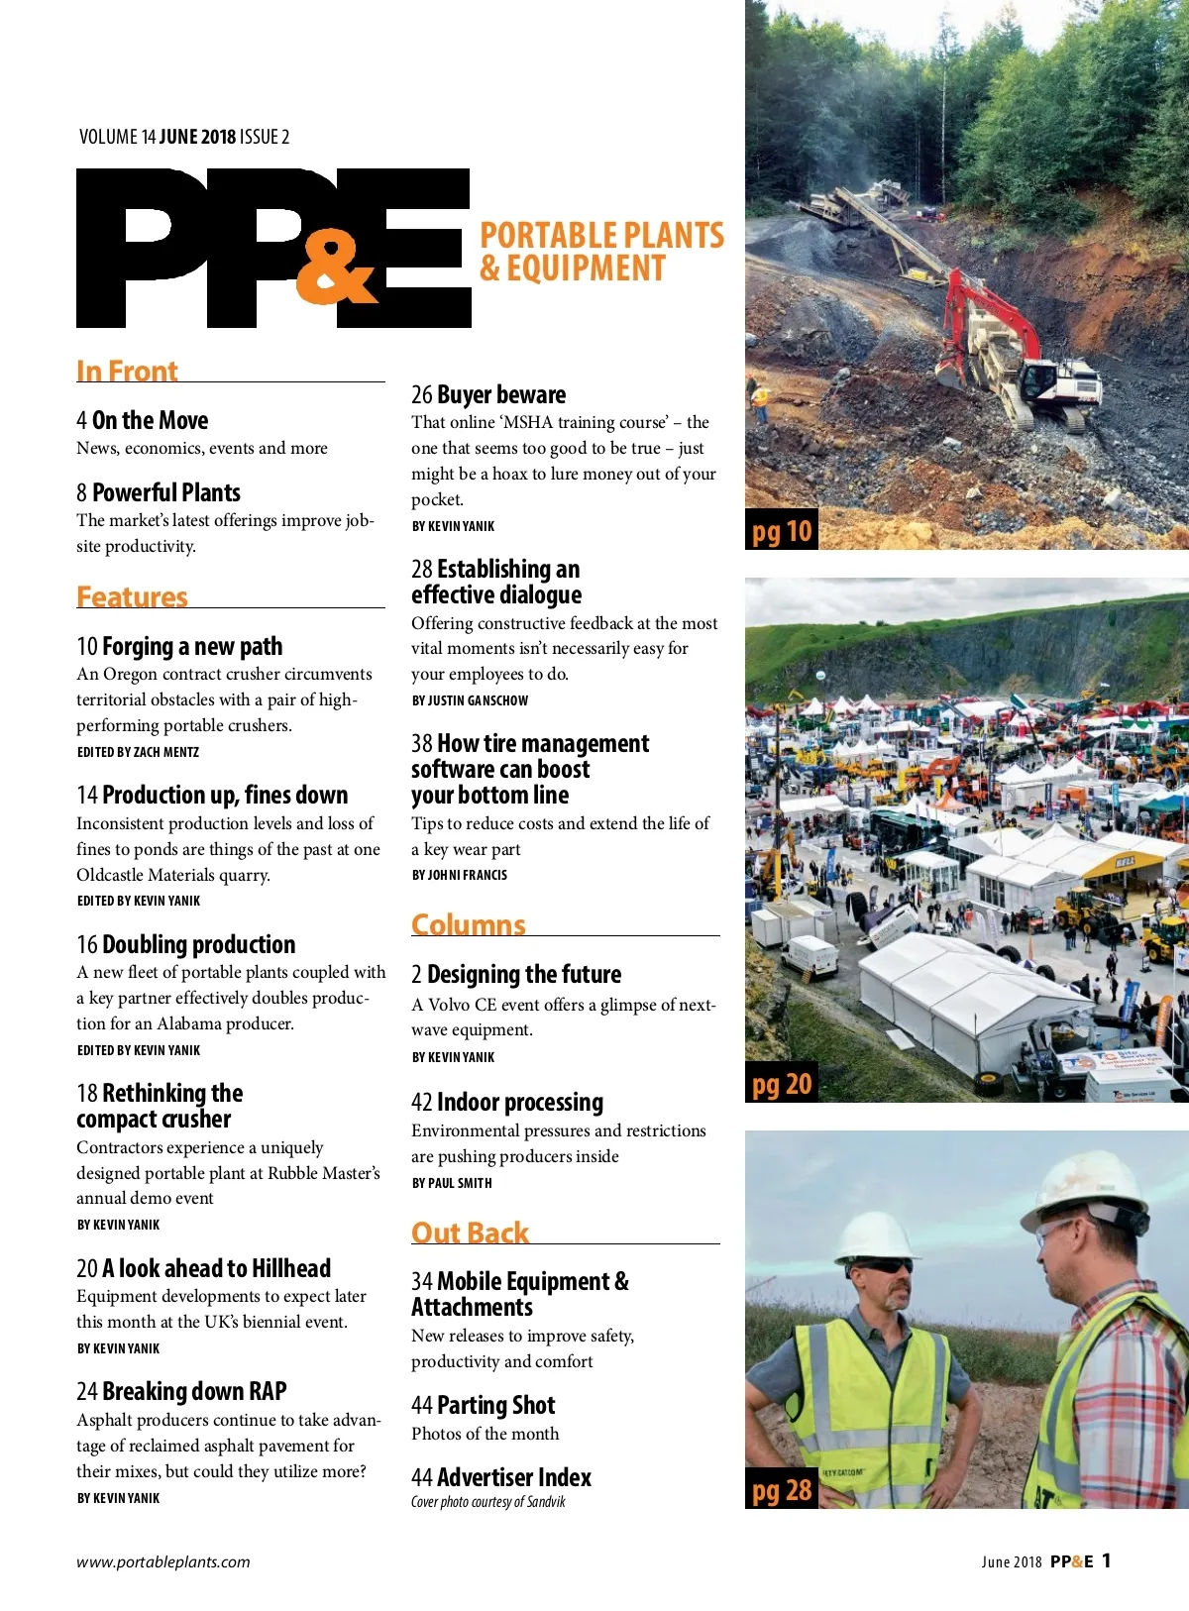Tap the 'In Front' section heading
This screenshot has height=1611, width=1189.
(127, 371)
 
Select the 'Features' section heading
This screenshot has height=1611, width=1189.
(132, 596)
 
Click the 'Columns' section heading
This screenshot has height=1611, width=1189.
(469, 924)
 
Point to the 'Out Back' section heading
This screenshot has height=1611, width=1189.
(471, 1233)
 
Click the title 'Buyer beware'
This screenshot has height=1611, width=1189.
(501, 394)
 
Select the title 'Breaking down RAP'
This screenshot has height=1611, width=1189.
(194, 1391)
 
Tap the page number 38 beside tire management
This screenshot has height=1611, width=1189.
(422, 744)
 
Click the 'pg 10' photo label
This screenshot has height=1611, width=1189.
(782, 532)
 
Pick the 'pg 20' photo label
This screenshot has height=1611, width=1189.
(782, 1085)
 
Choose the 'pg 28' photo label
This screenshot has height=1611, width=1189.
(782, 1490)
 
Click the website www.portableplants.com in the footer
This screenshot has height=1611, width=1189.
(163, 1562)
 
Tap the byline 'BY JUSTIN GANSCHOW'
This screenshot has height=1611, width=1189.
(471, 700)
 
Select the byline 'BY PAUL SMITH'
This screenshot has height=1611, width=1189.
(452, 1183)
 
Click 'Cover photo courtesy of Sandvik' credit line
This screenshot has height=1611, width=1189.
(488, 1502)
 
